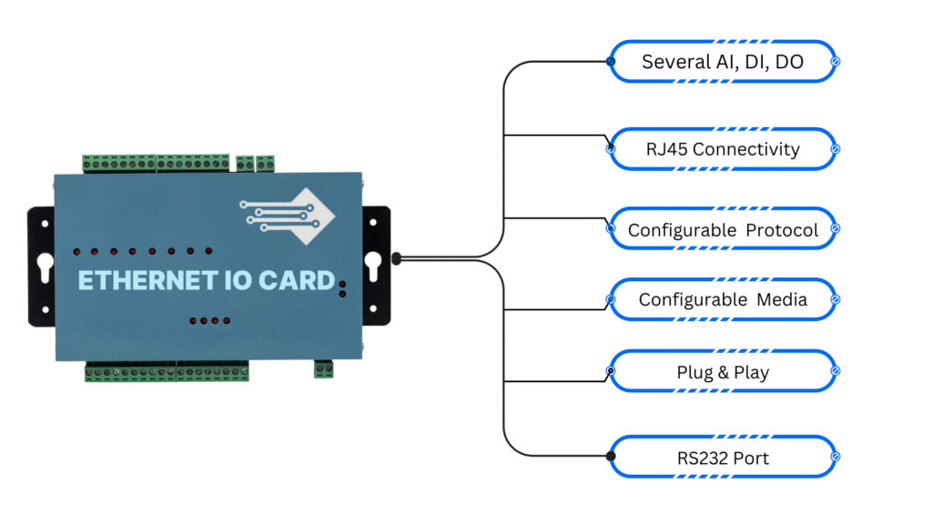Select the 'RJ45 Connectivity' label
(x=723, y=149)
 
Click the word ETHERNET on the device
(x=147, y=280)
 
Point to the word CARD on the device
(x=298, y=280)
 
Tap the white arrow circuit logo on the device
(x=288, y=217)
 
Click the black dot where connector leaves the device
(x=397, y=258)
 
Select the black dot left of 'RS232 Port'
(x=611, y=457)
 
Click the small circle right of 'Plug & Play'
(x=836, y=371)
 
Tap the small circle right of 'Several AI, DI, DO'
(x=836, y=61)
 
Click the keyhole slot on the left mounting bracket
(x=46, y=267)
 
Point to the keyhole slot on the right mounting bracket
(x=372, y=266)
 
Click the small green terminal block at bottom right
(x=323, y=369)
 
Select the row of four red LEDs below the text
(x=210, y=321)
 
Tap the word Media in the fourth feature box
(x=782, y=299)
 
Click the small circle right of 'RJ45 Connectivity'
(x=836, y=149)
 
